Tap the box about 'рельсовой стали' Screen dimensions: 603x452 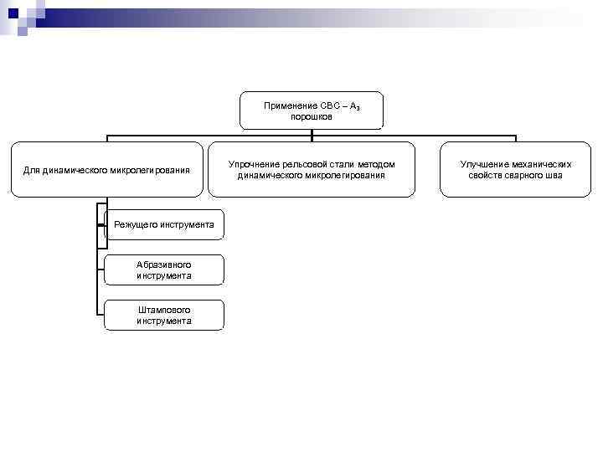coord(311,169)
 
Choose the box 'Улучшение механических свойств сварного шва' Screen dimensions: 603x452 coord(516,169)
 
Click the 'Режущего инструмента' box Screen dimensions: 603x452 coord(164,224)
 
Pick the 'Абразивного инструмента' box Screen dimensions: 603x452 coord(164,270)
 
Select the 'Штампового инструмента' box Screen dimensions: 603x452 coord(164,315)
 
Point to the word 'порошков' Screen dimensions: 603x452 coord(312,117)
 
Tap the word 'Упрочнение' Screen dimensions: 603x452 coord(253,165)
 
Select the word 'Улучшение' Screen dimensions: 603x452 coord(485,165)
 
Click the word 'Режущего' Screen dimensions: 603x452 coord(135,224)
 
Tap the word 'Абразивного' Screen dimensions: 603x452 coord(164,265)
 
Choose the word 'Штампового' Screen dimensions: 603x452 coord(164,310)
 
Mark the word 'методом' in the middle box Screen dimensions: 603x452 coord(377,165)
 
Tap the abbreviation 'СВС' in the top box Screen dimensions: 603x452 coord(329,106)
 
